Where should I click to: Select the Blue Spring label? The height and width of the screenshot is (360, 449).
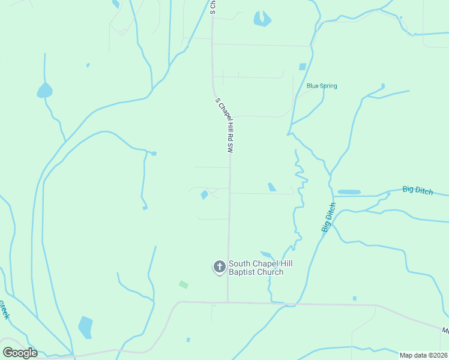322,86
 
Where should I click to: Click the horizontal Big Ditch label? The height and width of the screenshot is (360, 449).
417,190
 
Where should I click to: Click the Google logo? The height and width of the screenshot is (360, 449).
20,352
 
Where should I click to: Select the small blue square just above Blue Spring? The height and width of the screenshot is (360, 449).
303,67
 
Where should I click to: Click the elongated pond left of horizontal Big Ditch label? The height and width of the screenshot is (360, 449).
349,192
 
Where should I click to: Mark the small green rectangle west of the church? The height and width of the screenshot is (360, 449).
184,284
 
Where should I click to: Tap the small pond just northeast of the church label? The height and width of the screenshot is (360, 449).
266,255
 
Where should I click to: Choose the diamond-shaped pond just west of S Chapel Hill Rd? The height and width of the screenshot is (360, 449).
204,194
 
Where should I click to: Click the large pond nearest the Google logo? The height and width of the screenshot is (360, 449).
85,327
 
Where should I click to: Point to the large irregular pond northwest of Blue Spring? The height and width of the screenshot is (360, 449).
262,19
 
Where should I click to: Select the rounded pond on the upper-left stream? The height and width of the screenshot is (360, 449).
44,91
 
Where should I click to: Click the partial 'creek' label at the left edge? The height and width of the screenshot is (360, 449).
5,310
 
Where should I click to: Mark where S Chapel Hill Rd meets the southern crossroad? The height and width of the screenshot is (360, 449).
228,302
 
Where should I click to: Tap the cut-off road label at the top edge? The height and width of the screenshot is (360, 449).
212,7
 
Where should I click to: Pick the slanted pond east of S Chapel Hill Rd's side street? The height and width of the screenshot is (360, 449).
272,187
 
